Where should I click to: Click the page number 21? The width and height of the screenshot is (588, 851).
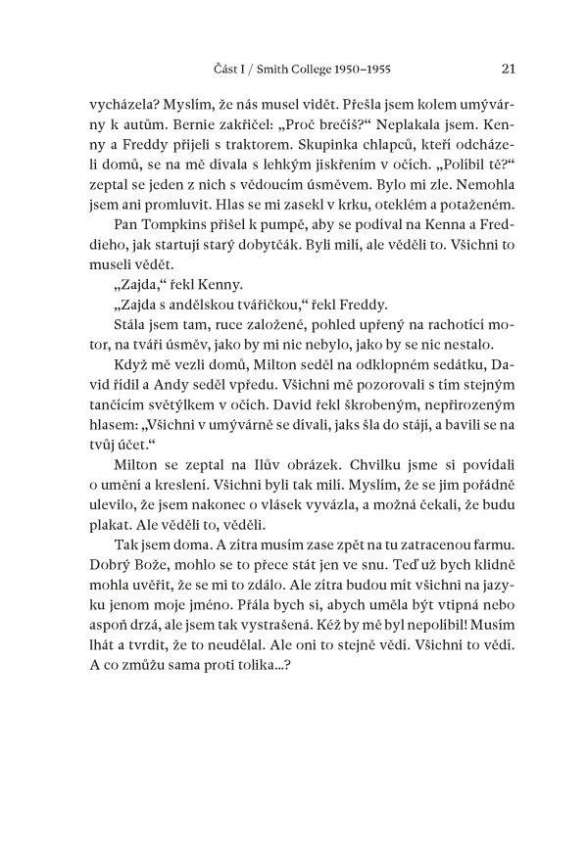click(509, 69)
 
